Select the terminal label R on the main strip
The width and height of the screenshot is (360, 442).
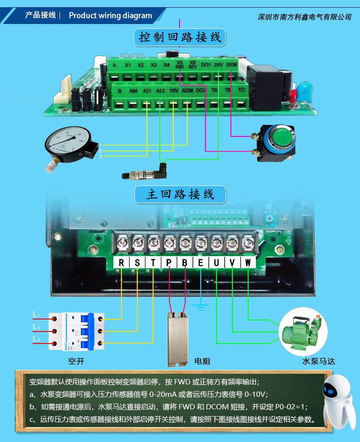pos(121,262)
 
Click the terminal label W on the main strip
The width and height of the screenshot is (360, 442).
pos(248,262)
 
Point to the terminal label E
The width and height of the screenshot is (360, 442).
pos(200,262)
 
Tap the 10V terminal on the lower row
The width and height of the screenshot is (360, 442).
pos(174,90)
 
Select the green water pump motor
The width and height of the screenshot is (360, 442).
pos(302,331)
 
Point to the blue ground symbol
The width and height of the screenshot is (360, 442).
pos(200,306)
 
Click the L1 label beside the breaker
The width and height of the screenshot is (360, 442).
pos(36,315)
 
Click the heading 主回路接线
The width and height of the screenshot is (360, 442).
pos(180,195)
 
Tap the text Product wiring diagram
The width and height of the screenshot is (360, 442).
pos(110,15)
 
